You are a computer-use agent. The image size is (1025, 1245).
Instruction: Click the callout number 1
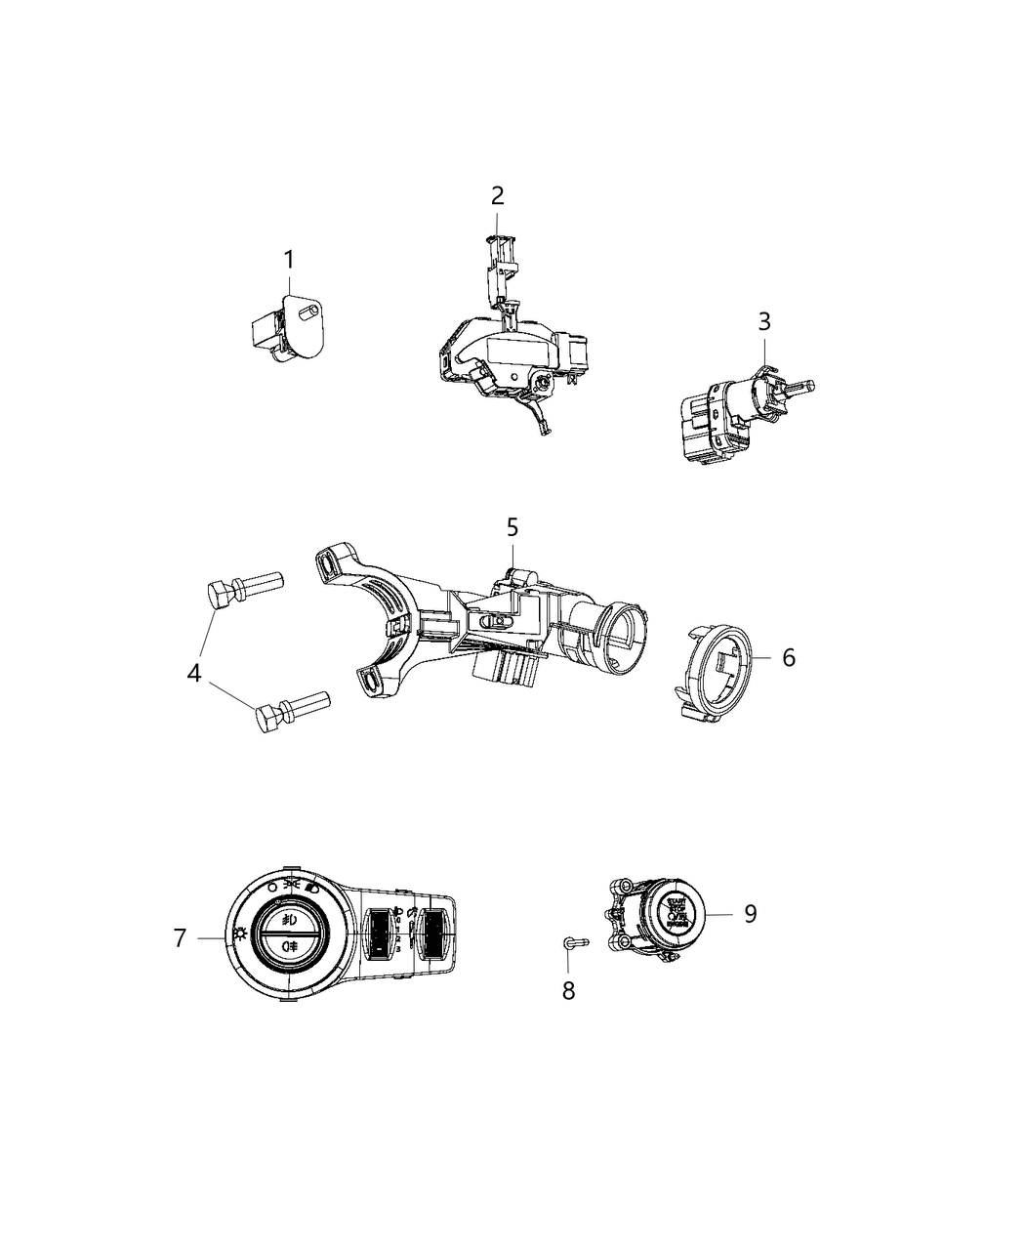coord(288,261)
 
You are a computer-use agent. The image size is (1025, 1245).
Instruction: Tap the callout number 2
coord(497,195)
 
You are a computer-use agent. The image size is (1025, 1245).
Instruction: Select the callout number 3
coord(764,321)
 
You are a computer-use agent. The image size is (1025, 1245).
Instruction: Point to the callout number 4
coord(195,673)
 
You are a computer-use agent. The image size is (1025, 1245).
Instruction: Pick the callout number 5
coord(512,528)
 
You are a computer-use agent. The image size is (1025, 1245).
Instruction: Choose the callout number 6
coord(788,657)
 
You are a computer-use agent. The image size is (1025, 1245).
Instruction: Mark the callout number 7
coord(179,938)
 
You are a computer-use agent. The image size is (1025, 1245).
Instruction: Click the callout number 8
coord(568,990)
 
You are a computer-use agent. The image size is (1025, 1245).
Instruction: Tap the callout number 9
coord(750,913)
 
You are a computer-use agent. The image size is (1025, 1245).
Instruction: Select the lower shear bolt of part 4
coord(291,710)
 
